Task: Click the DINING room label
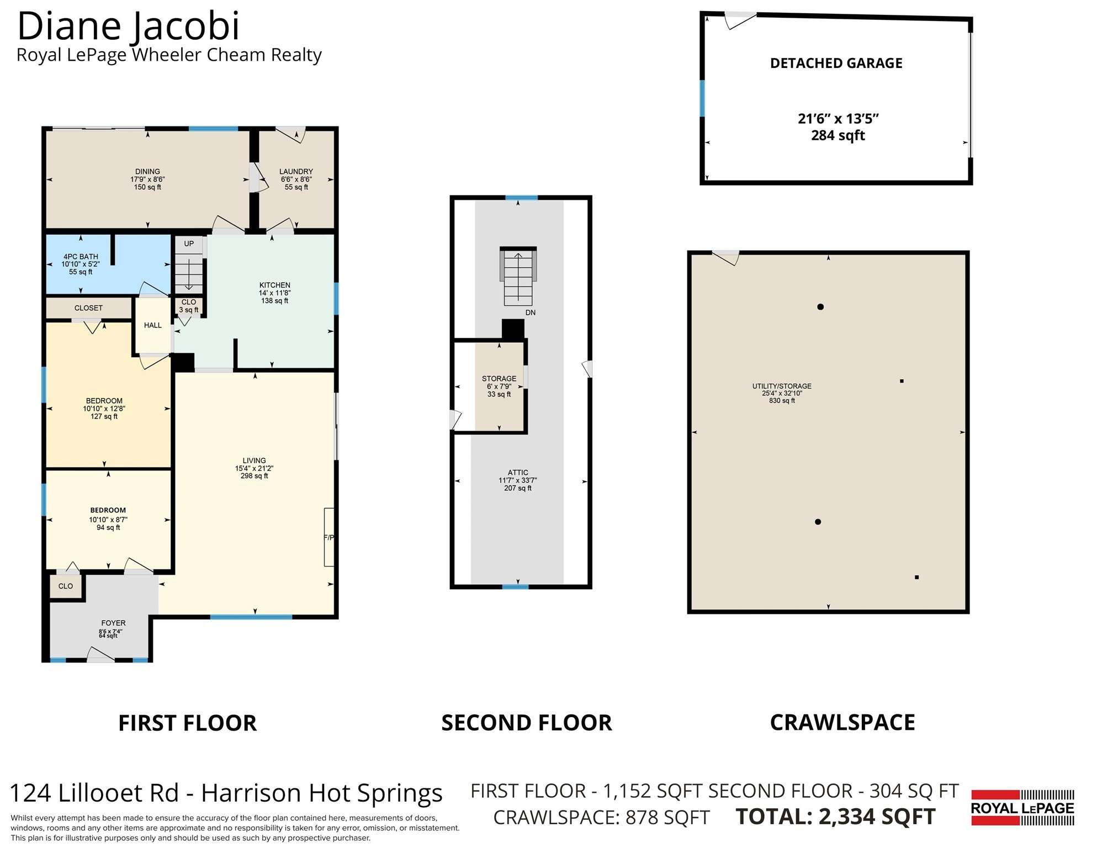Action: [x=147, y=172]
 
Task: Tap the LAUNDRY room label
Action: [x=296, y=172]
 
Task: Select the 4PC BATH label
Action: [x=81, y=257]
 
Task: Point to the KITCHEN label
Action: [x=274, y=285]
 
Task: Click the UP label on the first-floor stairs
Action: [x=189, y=243]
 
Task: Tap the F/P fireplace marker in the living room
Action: [x=329, y=537]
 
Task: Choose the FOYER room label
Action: [x=113, y=623]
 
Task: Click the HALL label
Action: [x=153, y=325]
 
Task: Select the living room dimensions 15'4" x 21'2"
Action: [x=254, y=468]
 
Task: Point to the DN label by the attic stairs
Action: [x=531, y=312]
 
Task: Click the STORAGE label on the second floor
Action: [x=499, y=379]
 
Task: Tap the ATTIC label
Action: [x=518, y=473]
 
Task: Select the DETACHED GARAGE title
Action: [x=836, y=63]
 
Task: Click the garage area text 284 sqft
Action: [x=838, y=135]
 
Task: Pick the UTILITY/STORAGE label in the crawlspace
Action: [x=782, y=386]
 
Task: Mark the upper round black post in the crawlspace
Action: [x=820, y=307]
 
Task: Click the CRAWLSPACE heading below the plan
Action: [x=842, y=723]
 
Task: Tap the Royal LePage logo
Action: [x=1022, y=808]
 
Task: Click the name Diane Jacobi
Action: [x=129, y=26]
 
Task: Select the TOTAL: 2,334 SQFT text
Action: [x=836, y=817]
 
